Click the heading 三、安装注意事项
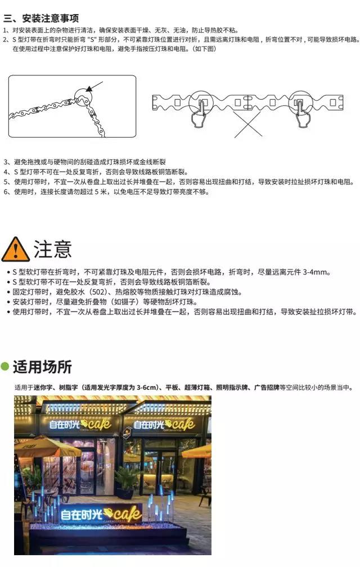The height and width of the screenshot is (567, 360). pos(41,18)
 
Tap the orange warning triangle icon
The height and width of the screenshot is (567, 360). pos(16,249)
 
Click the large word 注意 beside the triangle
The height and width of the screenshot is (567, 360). pos(53,249)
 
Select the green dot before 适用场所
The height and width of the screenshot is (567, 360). pos(4,366)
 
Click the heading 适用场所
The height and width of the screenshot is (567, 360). pos(42,367)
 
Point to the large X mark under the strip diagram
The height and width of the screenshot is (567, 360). pos(248,124)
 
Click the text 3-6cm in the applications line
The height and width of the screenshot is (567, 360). pos(147,387)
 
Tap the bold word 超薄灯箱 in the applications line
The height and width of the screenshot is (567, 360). pos(197,387)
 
